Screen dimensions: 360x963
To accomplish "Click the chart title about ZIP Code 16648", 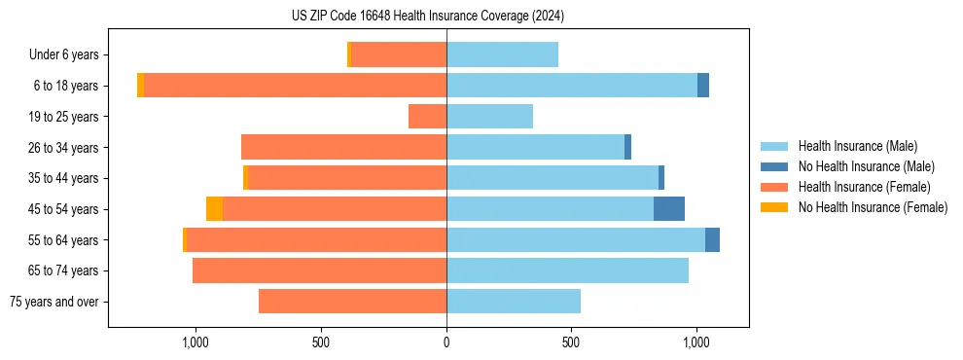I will pos(427,16).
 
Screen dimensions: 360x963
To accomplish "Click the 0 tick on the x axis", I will pos(446,342).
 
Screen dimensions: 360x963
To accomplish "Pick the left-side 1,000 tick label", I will pos(196,342).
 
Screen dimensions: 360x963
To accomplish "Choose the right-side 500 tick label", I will pos(571,342).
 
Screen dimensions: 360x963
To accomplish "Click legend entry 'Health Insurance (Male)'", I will pos(857,146).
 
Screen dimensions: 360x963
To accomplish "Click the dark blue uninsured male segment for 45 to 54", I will pos(669,209).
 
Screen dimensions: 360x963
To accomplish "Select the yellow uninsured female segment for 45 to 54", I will pos(214,209).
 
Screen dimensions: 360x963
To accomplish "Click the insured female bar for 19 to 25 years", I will pos(428,117).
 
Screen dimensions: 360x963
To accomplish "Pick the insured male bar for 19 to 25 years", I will pos(489,117).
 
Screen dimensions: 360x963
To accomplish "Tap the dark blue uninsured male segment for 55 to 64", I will pos(712,239).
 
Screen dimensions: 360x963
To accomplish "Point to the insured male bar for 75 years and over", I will pos(514,302).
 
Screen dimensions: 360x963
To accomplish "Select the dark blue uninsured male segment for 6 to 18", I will pos(703,86).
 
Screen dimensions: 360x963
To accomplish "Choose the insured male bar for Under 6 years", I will pos(502,55).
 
